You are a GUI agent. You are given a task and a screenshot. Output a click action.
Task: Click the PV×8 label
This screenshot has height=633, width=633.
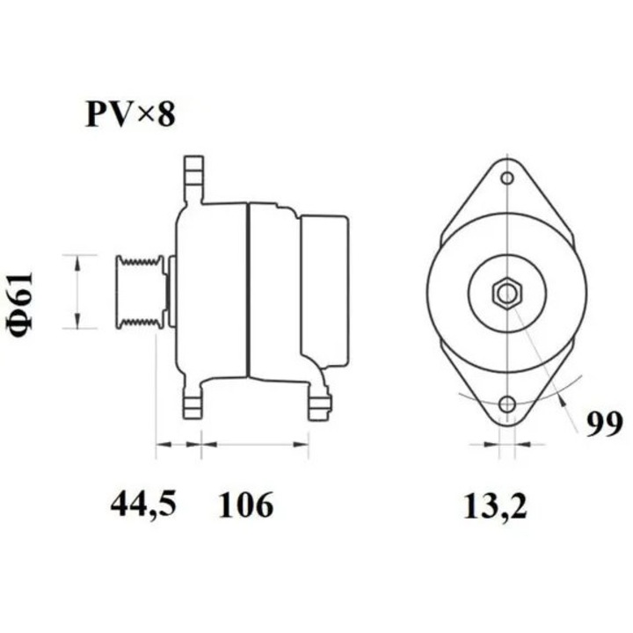click(129, 115)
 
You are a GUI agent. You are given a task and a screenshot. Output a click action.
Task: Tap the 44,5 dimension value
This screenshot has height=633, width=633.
click(144, 505)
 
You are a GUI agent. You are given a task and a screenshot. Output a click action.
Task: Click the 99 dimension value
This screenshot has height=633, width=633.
click(604, 425)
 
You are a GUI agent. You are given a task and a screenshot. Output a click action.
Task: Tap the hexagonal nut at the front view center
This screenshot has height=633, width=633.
click(506, 292)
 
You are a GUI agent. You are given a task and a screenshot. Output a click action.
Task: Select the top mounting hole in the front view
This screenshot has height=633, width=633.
click(506, 179)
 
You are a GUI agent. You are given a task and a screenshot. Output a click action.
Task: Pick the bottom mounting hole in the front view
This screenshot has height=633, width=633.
click(506, 405)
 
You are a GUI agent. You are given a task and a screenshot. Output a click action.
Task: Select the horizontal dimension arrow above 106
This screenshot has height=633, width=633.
click(255, 445)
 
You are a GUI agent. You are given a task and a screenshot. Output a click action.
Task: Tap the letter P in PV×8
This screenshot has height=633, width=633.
click(96, 115)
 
